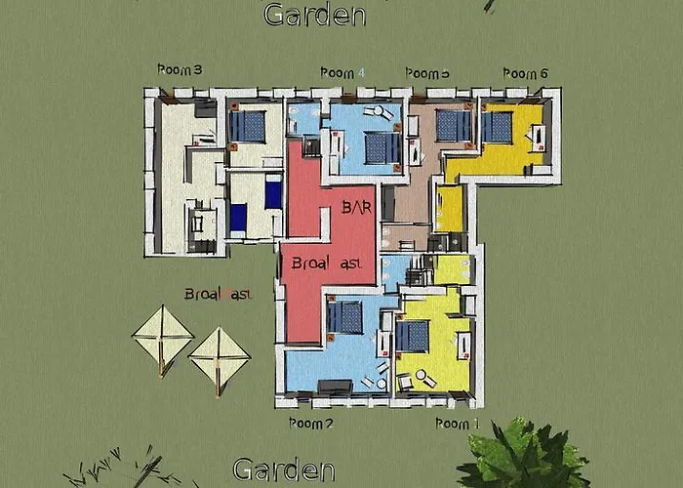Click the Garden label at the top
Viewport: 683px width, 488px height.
point(314,15)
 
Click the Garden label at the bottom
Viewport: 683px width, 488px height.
point(284,469)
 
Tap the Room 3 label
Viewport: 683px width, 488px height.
point(180,70)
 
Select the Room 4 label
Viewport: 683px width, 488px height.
point(342,73)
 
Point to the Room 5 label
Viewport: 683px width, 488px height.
point(427,73)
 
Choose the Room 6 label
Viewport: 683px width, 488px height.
point(526,73)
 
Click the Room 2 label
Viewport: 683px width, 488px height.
point(312,424)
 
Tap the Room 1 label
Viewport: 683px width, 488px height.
point(458,424)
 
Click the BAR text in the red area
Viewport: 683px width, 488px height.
point(358,207)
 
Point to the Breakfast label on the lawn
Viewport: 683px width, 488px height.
point(219,294)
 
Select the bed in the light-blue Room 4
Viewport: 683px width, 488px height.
point(381,147)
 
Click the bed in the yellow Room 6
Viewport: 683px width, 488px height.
point(498,127)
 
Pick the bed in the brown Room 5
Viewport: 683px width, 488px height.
point(452,125)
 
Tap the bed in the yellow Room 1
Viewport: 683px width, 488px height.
point(412,336)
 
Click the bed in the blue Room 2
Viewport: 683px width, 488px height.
point(345,316)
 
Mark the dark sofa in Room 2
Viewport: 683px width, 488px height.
point(335,386)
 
